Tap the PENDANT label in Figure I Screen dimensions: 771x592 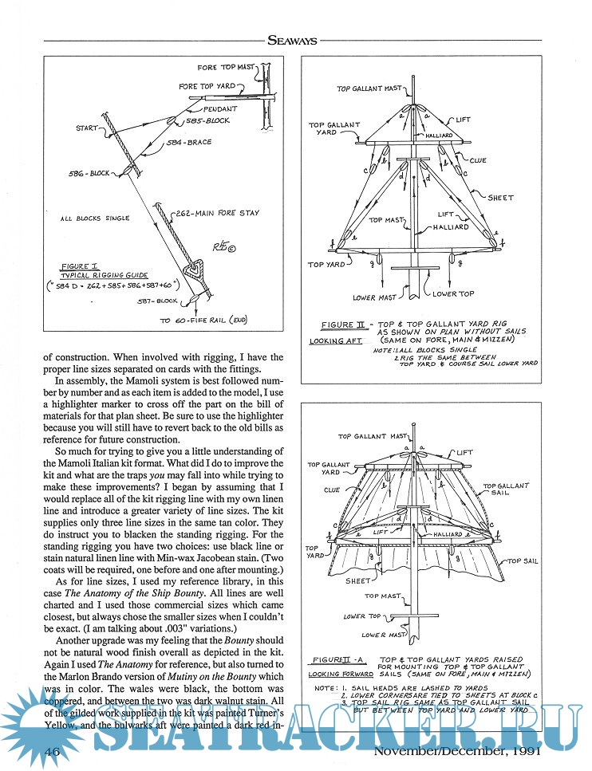pos(219,108)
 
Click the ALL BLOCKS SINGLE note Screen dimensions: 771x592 pos(95,218)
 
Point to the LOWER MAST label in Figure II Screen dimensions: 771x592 pos(374,298)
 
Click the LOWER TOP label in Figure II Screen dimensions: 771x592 pos(453,293)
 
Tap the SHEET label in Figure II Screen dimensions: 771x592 pos(500,198)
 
